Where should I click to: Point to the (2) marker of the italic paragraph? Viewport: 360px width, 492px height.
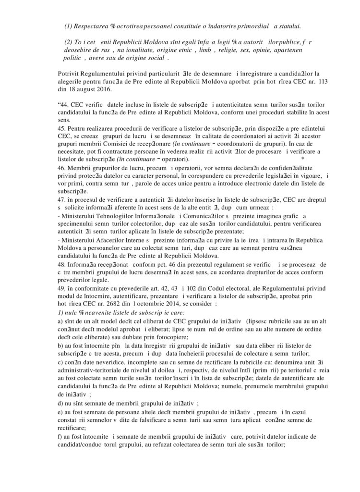tap(69, 42)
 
